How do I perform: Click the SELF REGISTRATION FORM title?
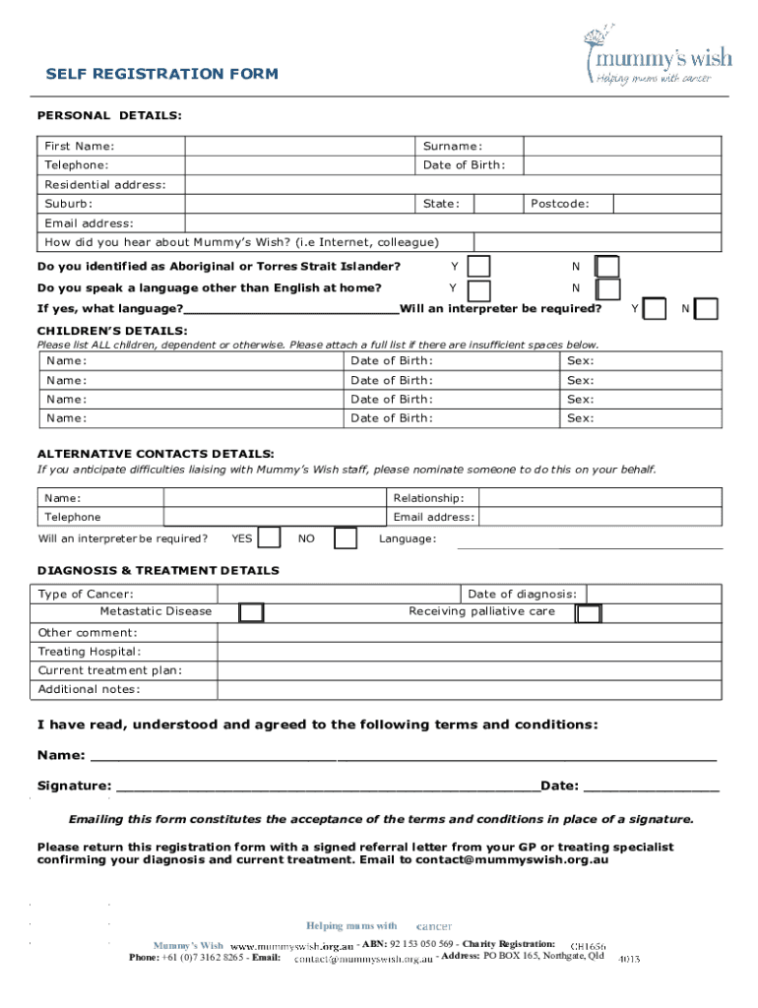[162, 74]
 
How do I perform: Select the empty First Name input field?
[300, 146]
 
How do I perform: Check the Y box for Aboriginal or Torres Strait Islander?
[479, 268]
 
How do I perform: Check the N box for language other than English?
[607, 289]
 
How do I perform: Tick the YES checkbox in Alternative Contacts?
[271, 539]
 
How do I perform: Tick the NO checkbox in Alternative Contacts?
[345, 539]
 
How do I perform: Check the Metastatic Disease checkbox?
[252, 613]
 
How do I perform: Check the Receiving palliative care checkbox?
[589, 613]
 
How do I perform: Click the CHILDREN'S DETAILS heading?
[112, 330]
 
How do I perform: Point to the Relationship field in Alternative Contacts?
[600, 498]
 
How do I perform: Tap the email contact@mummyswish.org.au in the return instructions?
[512, 859]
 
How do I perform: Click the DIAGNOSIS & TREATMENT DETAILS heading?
[158, 570]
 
